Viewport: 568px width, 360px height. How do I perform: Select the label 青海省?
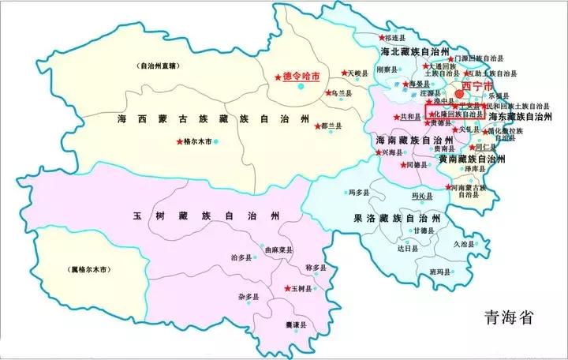[x=509, y=317]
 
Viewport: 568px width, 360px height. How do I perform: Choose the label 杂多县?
[x=249, y=297]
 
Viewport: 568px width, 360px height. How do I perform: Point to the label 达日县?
[x=407, y=247]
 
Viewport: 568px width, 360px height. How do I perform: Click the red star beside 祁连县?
[x=383, y=37]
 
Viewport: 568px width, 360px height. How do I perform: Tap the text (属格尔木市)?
[x=88, y=269]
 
